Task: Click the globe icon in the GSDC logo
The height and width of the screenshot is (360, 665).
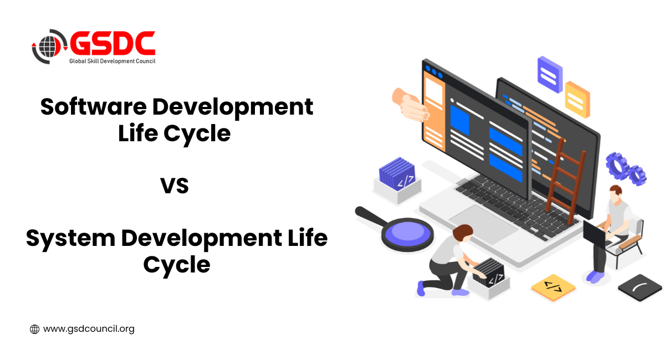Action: tap(48, 47)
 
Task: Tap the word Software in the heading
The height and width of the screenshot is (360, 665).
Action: tap(94, 106)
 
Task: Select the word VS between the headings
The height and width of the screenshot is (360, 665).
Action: tap(175, 186)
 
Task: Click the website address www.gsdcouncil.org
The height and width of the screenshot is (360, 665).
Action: tap(89, 329)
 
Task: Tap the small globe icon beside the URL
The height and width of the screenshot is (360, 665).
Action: tap(34, 329)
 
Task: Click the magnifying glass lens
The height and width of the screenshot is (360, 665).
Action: tap(408, 234)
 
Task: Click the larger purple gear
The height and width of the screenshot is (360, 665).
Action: tap(617, 166)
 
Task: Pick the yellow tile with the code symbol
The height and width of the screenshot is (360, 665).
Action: tap(553, 288)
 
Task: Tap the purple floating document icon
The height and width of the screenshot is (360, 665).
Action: tap(550, 75)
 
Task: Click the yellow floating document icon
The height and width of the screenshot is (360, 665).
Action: tap(577, 100)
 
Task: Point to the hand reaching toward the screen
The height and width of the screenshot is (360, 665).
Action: tap(410, 105)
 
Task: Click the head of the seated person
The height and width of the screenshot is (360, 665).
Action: tap(616, 194)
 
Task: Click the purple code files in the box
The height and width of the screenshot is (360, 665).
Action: tap(397, 173)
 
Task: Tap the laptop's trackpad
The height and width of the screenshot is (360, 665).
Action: tap(483, 224)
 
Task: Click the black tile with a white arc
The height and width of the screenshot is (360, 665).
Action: tap(640, 287)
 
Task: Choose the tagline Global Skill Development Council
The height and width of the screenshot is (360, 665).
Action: tap(112, 61)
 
